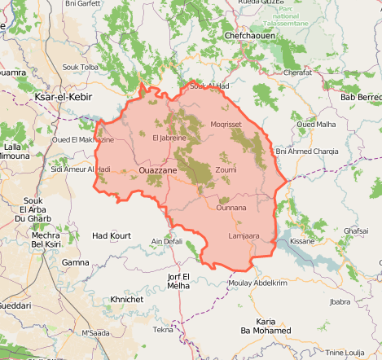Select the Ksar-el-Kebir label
click(x=61, y=98)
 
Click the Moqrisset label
click(x=226, y=124)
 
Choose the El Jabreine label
click(x=169, y=138)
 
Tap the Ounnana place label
click(x=231, y=208)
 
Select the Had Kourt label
click(x=111, y=236)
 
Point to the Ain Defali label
click(x=167, y=242)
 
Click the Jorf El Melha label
click(x=178, y=281)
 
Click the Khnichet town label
click(x=127, y=300)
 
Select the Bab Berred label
click(x=360, y=98)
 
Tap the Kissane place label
click(x=302, y=242)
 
